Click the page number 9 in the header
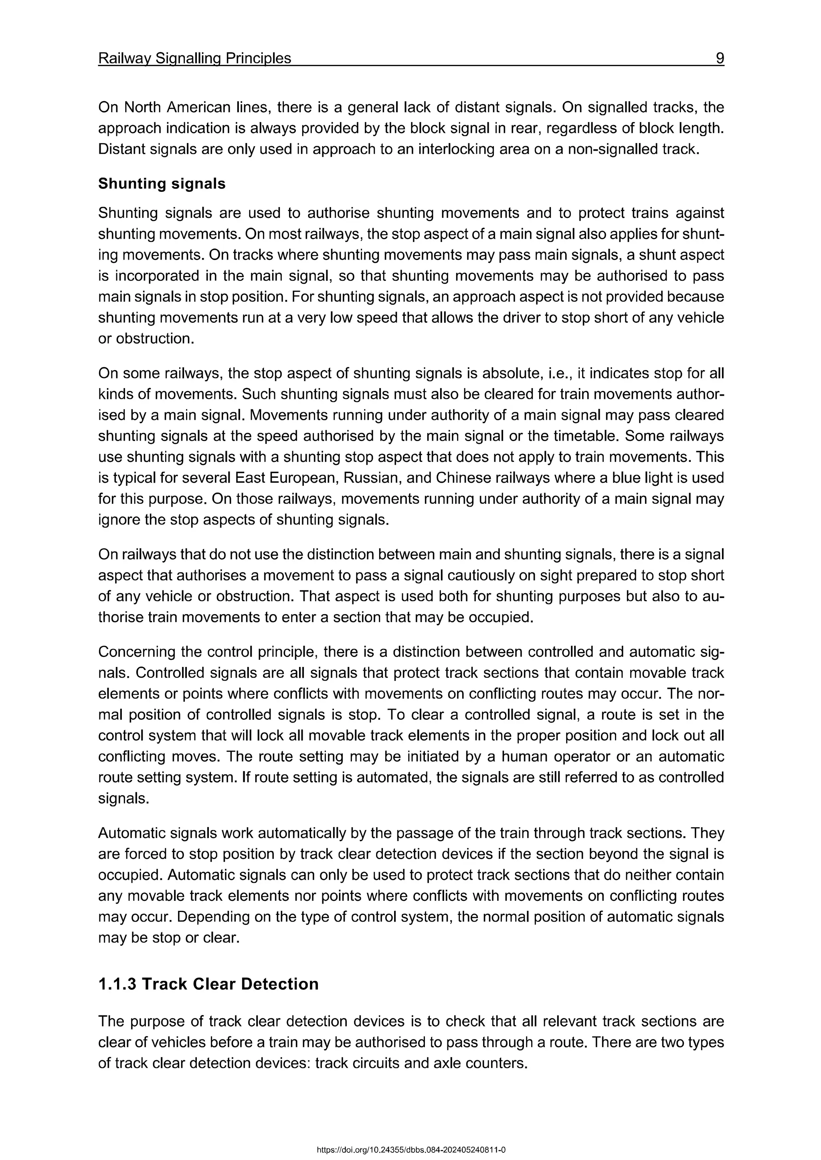(720, 58)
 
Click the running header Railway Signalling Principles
(195, 58)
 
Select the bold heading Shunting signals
(162, 183)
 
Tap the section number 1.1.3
(117, 984)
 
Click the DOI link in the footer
(410, 1150)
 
